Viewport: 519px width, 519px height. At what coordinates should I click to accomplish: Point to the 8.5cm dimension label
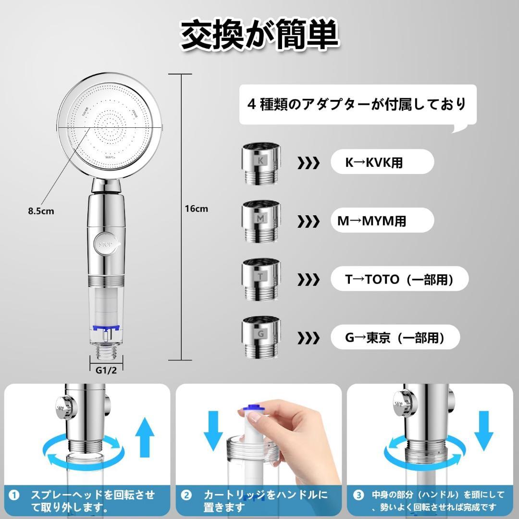point(41,211)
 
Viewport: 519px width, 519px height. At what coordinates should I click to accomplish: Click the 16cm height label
point(196,209)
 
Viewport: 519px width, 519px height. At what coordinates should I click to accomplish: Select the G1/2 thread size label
point(106,370)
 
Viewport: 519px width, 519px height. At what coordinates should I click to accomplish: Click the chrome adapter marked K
point(261,163)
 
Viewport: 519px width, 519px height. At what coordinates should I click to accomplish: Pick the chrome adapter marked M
point(261,221)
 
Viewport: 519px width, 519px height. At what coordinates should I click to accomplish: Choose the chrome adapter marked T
point(261,279)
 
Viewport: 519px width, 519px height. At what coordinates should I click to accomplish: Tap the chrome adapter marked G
point(261,336)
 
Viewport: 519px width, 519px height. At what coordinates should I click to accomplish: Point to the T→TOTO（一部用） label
point(399,279)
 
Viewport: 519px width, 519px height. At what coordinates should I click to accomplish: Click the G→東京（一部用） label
point(395,337)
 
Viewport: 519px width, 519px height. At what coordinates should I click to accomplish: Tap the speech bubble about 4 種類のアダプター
point(358,105)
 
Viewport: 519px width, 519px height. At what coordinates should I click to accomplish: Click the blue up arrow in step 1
point(145,437)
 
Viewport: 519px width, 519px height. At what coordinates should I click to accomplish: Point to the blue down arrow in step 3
point(483,430)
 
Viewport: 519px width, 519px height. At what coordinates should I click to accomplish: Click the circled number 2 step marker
point(186,495)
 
